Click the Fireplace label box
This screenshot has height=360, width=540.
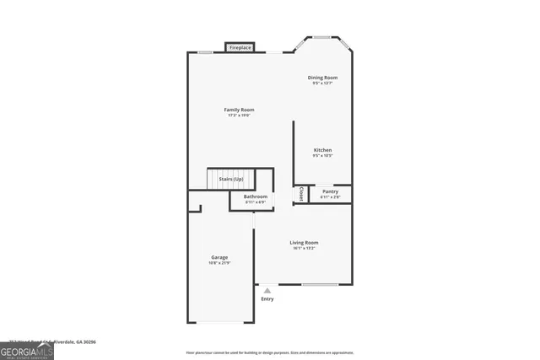pos(240,48)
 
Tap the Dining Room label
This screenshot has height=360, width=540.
pos(322,78)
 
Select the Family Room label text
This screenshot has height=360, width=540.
pos(239,110)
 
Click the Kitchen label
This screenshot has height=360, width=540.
pos(322,150)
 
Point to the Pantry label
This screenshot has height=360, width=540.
pos(330,191)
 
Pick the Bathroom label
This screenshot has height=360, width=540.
pos(256,196)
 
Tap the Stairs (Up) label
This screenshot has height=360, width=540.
pos(231,179)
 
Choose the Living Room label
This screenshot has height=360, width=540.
pos(304,243)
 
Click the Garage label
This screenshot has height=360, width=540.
pos(219,257)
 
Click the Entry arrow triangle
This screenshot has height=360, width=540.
pos(267,290)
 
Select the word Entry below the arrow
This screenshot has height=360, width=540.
pos(267,299)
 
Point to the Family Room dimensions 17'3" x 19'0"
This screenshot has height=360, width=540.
pos(240,116)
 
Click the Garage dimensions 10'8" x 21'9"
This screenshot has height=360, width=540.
pos(219,263)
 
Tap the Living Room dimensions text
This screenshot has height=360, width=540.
pos(304,249)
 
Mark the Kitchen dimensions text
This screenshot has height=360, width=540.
pos(322,156)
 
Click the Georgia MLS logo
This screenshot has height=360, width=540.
pos(27,351)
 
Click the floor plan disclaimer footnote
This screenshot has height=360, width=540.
pos(270,352)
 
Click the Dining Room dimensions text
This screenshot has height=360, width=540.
pos(322,83)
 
